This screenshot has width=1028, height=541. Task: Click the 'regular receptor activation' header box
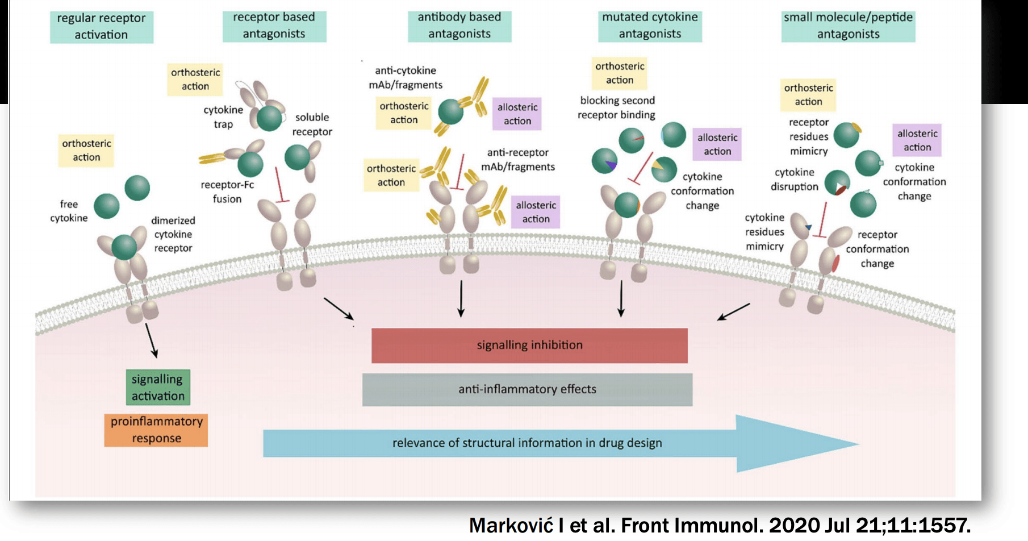pyautogui.click(x=101, y=26)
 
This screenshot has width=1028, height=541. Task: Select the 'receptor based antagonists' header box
pyautogui.click(x=274, y=26)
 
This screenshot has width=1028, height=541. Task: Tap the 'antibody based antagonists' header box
pyautogui.click(x=459, y=26)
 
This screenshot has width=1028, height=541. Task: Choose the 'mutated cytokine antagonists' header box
pyautogui.click(x=650, y=26)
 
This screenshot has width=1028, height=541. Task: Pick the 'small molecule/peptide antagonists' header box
pyautogui.click(x=848, y=26)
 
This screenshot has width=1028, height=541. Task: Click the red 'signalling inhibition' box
pyautogui.click(x=529, y=345)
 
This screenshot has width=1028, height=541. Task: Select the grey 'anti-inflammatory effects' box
pyautogui.click(x=527, y=389)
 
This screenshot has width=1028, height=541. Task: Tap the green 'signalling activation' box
pyautogui.click(x=158, y=388)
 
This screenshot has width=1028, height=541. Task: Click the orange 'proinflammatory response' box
pyautogui.click(x=156, y=430)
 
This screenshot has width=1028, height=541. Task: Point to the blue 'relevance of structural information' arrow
pyautogui.click(x=526, y=443)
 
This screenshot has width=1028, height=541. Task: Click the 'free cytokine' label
pyautogui.click(x=69, y=211)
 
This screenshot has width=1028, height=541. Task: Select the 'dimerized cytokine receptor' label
pyautogui.click(x=173, y=234)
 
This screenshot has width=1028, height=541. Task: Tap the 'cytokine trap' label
pyautogui.click(x=223, y=116)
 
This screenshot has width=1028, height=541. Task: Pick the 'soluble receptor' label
pyautogui.click(x=312, y=124)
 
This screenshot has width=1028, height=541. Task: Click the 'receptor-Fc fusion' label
pyautogui.click(x=227, y=192)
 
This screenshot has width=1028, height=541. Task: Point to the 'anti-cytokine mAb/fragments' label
pyautogui.click(x=406, y=77)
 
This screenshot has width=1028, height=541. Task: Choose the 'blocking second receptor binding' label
pyautogui.click(x=617, y=107)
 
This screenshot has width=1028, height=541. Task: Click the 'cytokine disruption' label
pyautogui.click(x=794, y=179)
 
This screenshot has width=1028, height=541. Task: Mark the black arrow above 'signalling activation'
pyautogui.click(x=151, y=340)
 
